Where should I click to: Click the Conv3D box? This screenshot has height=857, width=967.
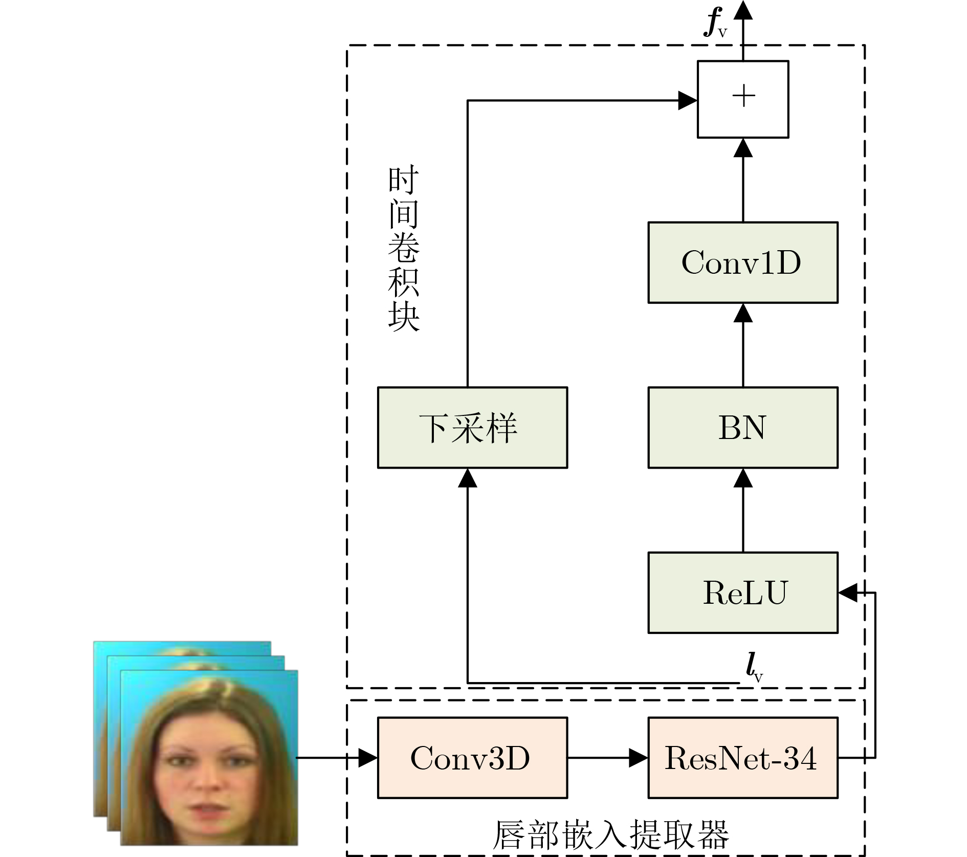pyautogui.click(x=472, y=757)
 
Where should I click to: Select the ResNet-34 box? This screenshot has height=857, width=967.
pyautogui.click(x=742, y=757)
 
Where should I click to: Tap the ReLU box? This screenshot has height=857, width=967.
pyautogui.click(x=742, y=592)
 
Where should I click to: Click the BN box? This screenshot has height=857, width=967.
pyautogui.click(x=742, y=427)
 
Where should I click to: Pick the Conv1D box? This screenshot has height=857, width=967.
pyautogui.click(x=742, y=262)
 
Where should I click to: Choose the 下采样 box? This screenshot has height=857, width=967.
pyautogui.click(x=472, y=427)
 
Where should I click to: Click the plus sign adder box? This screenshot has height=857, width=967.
pyautogui.click(x=742, y=99)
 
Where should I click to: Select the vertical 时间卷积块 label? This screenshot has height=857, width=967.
pyautogui.click(x=403, y=248)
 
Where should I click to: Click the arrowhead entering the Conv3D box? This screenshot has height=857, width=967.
pyautogui.click(x=368, y=757)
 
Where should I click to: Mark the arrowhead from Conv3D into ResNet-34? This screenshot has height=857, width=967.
pyautogui.click(x=638, y=757)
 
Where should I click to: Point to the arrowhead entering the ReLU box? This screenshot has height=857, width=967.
pyautogui.click(x=848, y=592)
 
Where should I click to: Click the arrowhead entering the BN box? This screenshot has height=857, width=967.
pyautogui.click(x=742, y=478)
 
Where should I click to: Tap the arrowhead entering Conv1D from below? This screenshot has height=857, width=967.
pyautogui.click(x=742, y=313)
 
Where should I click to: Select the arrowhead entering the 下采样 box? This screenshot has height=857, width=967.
pyautogui.click(x=467, y=478)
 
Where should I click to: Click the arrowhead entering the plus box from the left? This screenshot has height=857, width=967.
pyautogui.click(x=688, y=100)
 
